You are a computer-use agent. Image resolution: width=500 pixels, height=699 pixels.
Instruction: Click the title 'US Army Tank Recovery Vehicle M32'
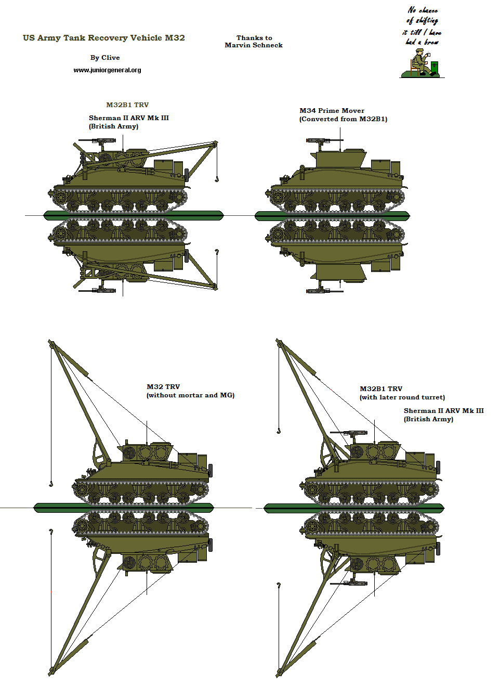coord(103,38)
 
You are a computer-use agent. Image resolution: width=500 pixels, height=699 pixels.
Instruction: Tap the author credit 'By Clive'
coord(105,58)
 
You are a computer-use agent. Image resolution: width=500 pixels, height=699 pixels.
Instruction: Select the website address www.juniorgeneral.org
coord(107,70)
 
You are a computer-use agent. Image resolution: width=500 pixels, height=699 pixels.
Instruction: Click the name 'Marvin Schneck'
coord(254,45)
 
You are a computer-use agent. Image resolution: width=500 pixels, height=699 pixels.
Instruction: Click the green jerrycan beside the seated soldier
coord(435,68)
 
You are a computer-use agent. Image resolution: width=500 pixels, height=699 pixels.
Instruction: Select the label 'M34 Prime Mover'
coord(332,111)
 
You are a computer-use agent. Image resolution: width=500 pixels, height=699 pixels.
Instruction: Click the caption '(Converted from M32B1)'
coord(343,119)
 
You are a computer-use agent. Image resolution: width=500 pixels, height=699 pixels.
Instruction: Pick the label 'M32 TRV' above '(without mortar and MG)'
coord(163,387)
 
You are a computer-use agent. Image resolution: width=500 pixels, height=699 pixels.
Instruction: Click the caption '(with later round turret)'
coord(402,397)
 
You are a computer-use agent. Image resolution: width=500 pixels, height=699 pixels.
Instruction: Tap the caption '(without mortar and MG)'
coord(190,395)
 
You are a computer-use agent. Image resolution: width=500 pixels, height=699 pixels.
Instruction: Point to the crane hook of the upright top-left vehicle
coord(216,179)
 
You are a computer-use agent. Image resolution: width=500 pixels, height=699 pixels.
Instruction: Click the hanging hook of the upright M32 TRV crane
coord(51,484)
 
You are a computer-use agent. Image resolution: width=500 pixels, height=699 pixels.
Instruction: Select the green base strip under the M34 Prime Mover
coord(332,215)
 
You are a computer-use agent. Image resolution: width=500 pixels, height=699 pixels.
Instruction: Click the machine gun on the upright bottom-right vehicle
coord(348,433)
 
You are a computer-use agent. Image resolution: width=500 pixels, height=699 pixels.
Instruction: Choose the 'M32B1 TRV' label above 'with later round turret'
coord(381,389)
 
